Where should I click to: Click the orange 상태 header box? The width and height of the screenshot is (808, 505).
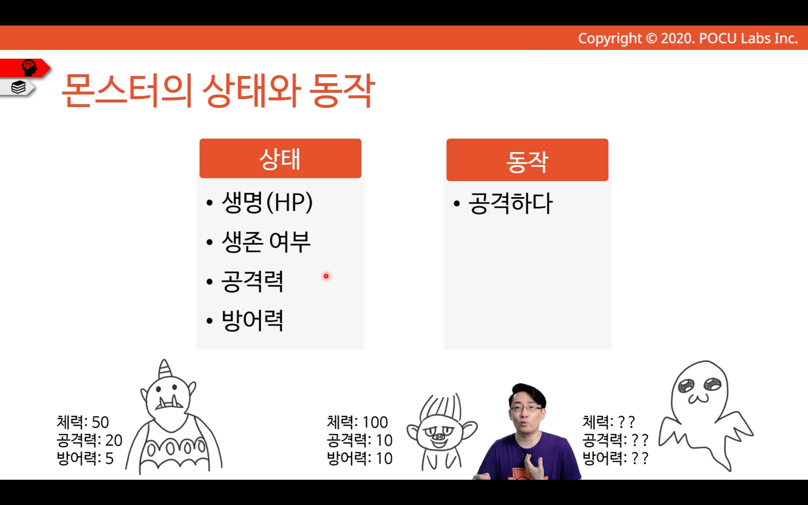tap(280, 158)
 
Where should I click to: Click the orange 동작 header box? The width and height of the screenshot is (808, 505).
tap(527, 160)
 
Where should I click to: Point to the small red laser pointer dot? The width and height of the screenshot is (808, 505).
tap(326, 276)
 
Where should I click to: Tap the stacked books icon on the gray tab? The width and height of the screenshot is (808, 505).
tap(19, 88)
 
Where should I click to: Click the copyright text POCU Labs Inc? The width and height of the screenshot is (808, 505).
tap(748, 38)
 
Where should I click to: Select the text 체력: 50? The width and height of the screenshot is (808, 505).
tap(83, 422)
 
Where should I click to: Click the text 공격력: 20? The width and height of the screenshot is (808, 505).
tap(89, 440)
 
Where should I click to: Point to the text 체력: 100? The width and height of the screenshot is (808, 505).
tap(357, 422)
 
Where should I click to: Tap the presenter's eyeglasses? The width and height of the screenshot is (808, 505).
tap(527, 408)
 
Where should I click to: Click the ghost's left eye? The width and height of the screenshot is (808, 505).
tap(687, 386)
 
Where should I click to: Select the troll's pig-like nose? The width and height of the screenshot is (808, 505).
tap(439, 437)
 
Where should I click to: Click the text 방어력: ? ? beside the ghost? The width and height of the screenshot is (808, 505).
tap(616, 459)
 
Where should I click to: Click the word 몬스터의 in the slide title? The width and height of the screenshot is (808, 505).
tap(127, 90)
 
